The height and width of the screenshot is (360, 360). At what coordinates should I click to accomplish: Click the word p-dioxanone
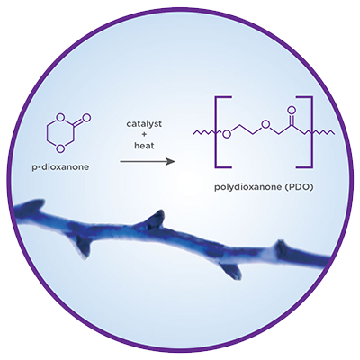[60, 167]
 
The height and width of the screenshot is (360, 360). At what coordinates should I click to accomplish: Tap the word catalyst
[144, 124]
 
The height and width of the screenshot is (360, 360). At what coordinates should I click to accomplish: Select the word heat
[144, 146]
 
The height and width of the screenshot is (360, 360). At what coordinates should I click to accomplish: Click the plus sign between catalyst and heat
[144, 135]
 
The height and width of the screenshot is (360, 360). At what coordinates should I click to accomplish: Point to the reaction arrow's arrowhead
[171, 162]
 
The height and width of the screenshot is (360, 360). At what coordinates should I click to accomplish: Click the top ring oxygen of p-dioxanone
[61, 117]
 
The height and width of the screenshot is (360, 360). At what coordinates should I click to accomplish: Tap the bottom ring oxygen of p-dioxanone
[61, 148]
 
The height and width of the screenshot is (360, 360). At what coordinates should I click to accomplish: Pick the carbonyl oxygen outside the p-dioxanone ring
[86, 117]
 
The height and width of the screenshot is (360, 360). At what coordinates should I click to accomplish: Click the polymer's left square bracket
[222, 131]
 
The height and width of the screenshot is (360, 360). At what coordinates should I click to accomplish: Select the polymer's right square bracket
[305, 131]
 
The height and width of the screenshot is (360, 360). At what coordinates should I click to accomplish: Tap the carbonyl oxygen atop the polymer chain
[291, 111]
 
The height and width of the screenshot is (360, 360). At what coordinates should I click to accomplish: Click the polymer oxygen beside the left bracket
[227, 134]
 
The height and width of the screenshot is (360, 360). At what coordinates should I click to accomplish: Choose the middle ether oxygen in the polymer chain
[264, 124]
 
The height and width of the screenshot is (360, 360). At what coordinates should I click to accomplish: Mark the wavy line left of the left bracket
[204, 132]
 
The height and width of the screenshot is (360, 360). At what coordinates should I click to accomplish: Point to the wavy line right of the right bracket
[324, 132]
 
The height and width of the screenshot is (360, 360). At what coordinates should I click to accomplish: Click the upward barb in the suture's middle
[156, 219]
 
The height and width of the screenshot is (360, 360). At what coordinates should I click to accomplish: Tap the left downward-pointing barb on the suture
[83, 247]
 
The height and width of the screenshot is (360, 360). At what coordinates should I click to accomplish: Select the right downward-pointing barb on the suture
[230, 271]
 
